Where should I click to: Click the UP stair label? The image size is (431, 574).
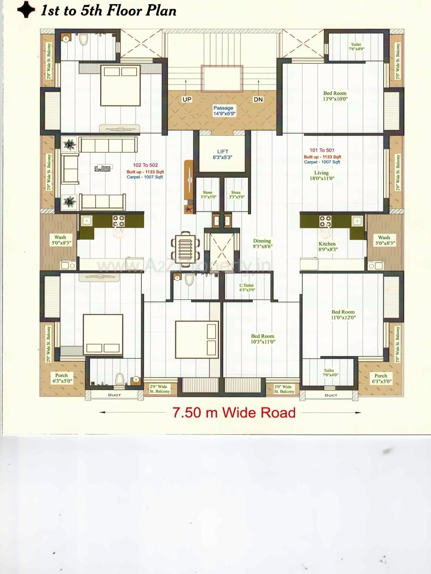coord(187,100)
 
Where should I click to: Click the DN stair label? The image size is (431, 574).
coord(258,100)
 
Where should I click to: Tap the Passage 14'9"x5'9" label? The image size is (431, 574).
coord(224,111)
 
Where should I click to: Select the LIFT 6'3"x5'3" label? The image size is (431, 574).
coord(222,154)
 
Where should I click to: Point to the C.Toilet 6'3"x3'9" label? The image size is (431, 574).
coord(247,288)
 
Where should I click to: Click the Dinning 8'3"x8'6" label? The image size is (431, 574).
coord(262,243)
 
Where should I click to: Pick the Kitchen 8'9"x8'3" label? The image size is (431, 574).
coord(328,246)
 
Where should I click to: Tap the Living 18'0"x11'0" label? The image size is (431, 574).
coord(322,175)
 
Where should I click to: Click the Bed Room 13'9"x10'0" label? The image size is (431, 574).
coord(335,96)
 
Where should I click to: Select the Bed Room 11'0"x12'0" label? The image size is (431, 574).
coord(343,315)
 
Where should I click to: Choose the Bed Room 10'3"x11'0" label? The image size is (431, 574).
coord(263,339)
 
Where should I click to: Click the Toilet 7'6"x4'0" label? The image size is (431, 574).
coord(356,46)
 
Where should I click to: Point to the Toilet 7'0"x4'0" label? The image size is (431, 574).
coord(330,372)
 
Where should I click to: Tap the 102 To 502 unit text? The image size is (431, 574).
coord(145,165)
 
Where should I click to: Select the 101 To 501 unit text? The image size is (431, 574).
coord(322,150)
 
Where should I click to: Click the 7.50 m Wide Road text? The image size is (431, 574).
coord(234,413)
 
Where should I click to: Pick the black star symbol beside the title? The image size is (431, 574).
coord(26,10)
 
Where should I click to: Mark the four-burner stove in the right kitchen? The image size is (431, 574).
coord(325,221)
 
